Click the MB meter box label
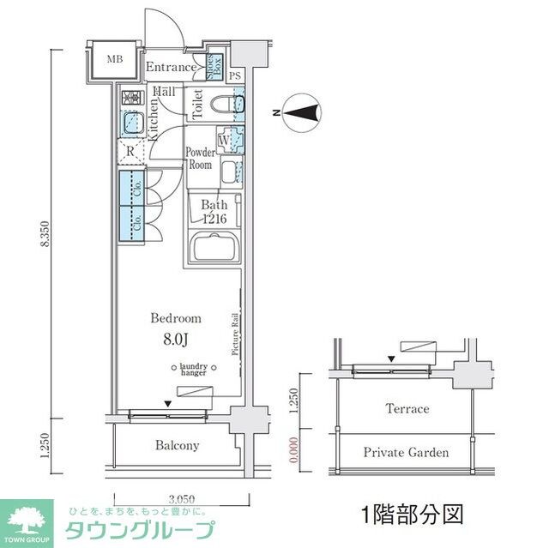[x=114, y=60]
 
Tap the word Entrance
[x=170, y=68]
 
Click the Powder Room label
[x=202, y=159]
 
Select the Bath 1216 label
[x=214, y=212]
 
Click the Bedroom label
[x=176, y=318]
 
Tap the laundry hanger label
[x=192, y=370]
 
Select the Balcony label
[x=178, y=445]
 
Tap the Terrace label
[x=407, y=409]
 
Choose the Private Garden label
[x=406, y=452]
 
